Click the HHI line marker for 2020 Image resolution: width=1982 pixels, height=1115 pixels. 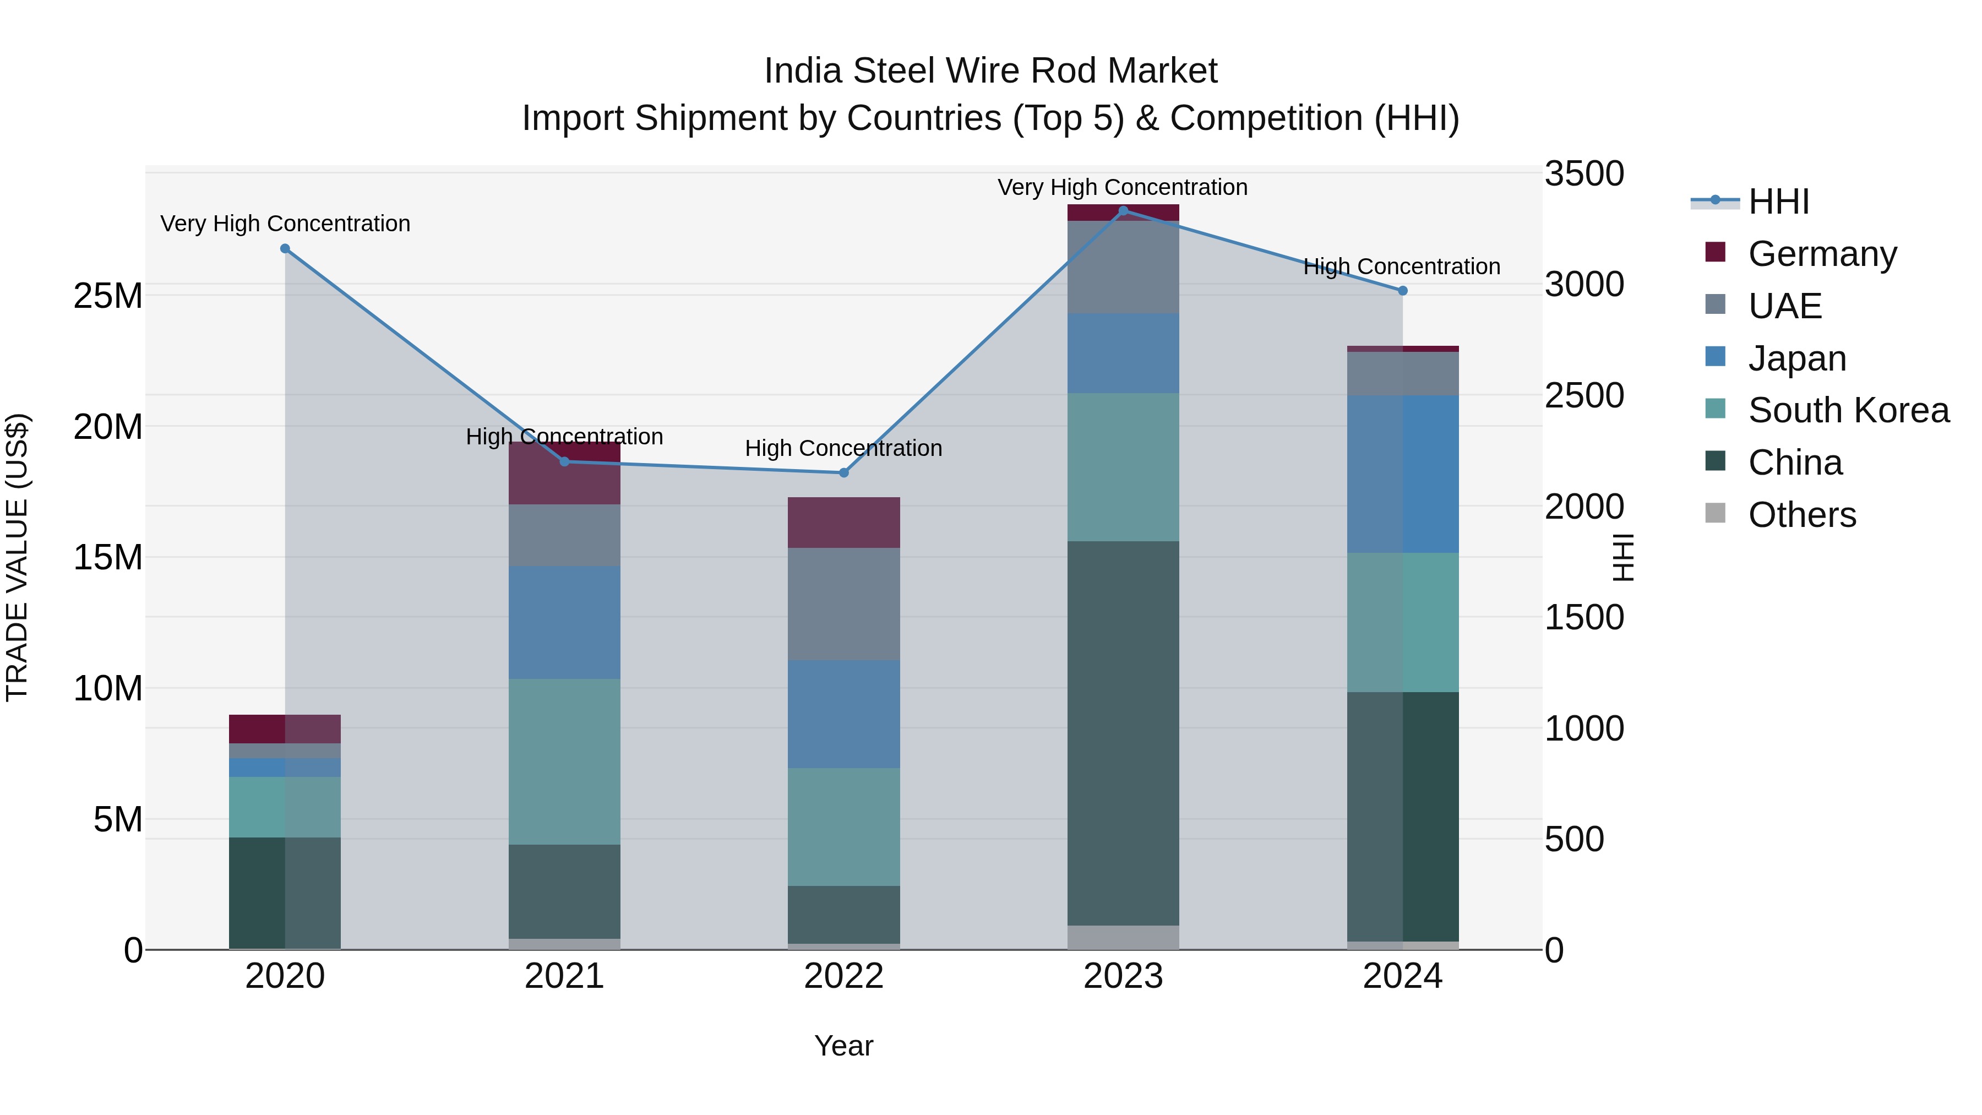pos(285,248)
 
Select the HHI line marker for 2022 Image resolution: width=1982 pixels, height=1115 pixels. pos(843,472)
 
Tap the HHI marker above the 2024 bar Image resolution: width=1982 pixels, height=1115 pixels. pos(1402,291)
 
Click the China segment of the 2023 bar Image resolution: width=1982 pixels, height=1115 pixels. pos(1123,731)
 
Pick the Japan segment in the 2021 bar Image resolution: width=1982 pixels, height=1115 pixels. pos(564,622)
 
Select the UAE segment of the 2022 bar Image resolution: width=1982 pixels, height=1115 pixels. pos(843,603)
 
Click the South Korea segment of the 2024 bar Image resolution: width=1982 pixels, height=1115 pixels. pos(1402,622)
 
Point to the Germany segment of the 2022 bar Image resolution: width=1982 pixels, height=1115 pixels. pos(843,522)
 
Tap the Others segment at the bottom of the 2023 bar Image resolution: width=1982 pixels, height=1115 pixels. pos(1123,937)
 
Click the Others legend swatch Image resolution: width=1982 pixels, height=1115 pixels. pos(1716,513)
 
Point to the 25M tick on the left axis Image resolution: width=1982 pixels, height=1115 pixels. pos(108,296)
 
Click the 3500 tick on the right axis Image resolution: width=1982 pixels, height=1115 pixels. pos(1584,174)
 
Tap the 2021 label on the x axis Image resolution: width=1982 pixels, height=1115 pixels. pos(564,976)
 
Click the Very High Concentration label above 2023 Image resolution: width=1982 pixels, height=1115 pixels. pos(1122,187)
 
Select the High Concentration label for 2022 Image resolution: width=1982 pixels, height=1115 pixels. pos(843,448)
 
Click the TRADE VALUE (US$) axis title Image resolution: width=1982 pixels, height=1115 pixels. pos(17,557)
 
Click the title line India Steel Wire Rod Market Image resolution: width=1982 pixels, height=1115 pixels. pos(990,71)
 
